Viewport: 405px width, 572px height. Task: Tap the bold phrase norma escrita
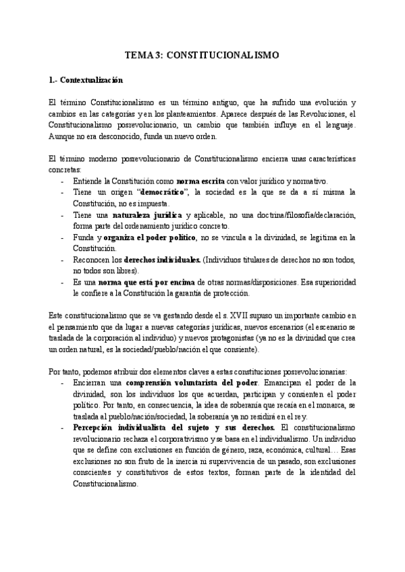coord(200,181)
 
